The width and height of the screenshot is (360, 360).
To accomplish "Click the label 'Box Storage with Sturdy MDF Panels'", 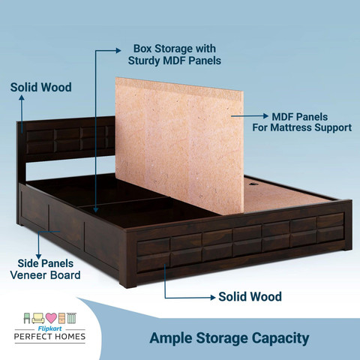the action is (175, 55).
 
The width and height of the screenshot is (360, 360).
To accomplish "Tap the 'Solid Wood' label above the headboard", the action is (41, 88).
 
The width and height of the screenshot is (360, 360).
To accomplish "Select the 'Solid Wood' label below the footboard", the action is (250, 297).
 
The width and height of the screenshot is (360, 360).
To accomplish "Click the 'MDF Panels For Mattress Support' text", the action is (301, 122).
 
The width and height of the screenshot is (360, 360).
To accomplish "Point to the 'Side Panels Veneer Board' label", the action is (45, 269).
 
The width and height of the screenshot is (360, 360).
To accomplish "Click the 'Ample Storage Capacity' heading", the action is (229, 338).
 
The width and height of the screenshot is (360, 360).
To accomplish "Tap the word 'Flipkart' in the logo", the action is (49, 328).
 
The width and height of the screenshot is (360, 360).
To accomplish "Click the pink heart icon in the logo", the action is (51, 318).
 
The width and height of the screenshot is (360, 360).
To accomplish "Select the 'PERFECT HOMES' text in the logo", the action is (49, 337).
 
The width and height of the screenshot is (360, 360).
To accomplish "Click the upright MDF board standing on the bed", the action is (179, 145).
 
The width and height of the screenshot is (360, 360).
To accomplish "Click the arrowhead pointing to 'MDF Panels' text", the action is (266, 116).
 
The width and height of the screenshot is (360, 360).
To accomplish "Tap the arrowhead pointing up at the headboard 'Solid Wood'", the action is (22, 97).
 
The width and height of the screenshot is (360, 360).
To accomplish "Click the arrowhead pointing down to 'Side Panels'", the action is (38, 256).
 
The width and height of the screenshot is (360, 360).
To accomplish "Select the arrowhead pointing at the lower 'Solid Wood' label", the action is (213, 298).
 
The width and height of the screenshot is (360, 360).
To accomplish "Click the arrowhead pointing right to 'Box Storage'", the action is (118, 51).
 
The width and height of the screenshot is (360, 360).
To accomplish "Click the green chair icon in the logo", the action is (27, 318).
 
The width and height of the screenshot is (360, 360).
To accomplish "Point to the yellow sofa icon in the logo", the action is (38, 319).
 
